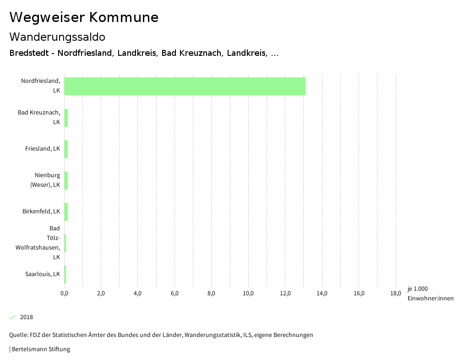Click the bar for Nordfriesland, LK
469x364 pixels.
185,86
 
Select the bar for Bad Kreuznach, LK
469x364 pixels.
66,118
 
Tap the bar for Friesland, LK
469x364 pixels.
66,149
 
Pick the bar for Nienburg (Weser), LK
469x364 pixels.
66,180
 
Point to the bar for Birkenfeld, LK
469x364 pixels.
66,212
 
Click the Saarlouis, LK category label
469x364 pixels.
43,274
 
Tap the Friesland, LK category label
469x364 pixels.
43,148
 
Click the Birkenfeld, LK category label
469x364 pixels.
41,212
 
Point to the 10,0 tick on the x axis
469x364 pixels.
248,293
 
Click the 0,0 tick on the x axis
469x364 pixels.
64,293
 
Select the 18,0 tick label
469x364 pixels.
396,293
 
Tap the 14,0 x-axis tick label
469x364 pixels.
322,293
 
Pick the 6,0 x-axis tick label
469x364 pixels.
175,293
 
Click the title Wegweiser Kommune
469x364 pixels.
84,17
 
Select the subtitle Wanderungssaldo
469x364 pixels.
57,37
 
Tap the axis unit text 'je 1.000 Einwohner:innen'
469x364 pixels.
430,293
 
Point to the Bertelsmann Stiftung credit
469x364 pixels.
41,349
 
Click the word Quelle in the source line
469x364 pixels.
18,335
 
